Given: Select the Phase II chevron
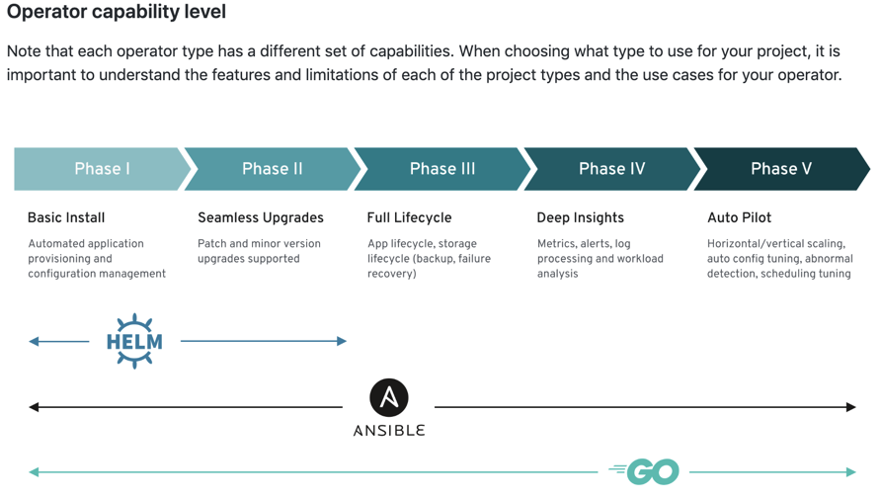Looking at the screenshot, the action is tap(272, 169).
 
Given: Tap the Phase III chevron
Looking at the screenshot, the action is tap(442, 169).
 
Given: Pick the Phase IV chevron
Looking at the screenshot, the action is tap(612, 169).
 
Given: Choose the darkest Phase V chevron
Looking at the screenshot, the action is tap(781, 169).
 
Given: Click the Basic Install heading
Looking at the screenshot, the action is tap(66, 217).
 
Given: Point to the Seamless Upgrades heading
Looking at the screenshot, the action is tap(261, 217).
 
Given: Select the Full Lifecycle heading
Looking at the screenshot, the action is tap(409, 217).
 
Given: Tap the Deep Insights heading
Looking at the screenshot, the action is tap(581, 217).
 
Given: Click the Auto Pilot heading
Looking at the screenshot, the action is tap(740, 217).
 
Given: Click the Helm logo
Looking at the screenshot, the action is tap(134, 341).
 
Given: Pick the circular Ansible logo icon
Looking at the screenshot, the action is tap(389, 397).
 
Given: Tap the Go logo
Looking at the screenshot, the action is tap(644, 471).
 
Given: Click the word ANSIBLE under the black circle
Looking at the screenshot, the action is tap(389, 431).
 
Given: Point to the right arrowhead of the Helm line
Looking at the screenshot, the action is tap(342, 341).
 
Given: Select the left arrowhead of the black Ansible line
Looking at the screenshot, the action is tap(34, 407).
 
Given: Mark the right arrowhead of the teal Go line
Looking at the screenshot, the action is tap(850, 472).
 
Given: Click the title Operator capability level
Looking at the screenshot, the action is tap(117, 11).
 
